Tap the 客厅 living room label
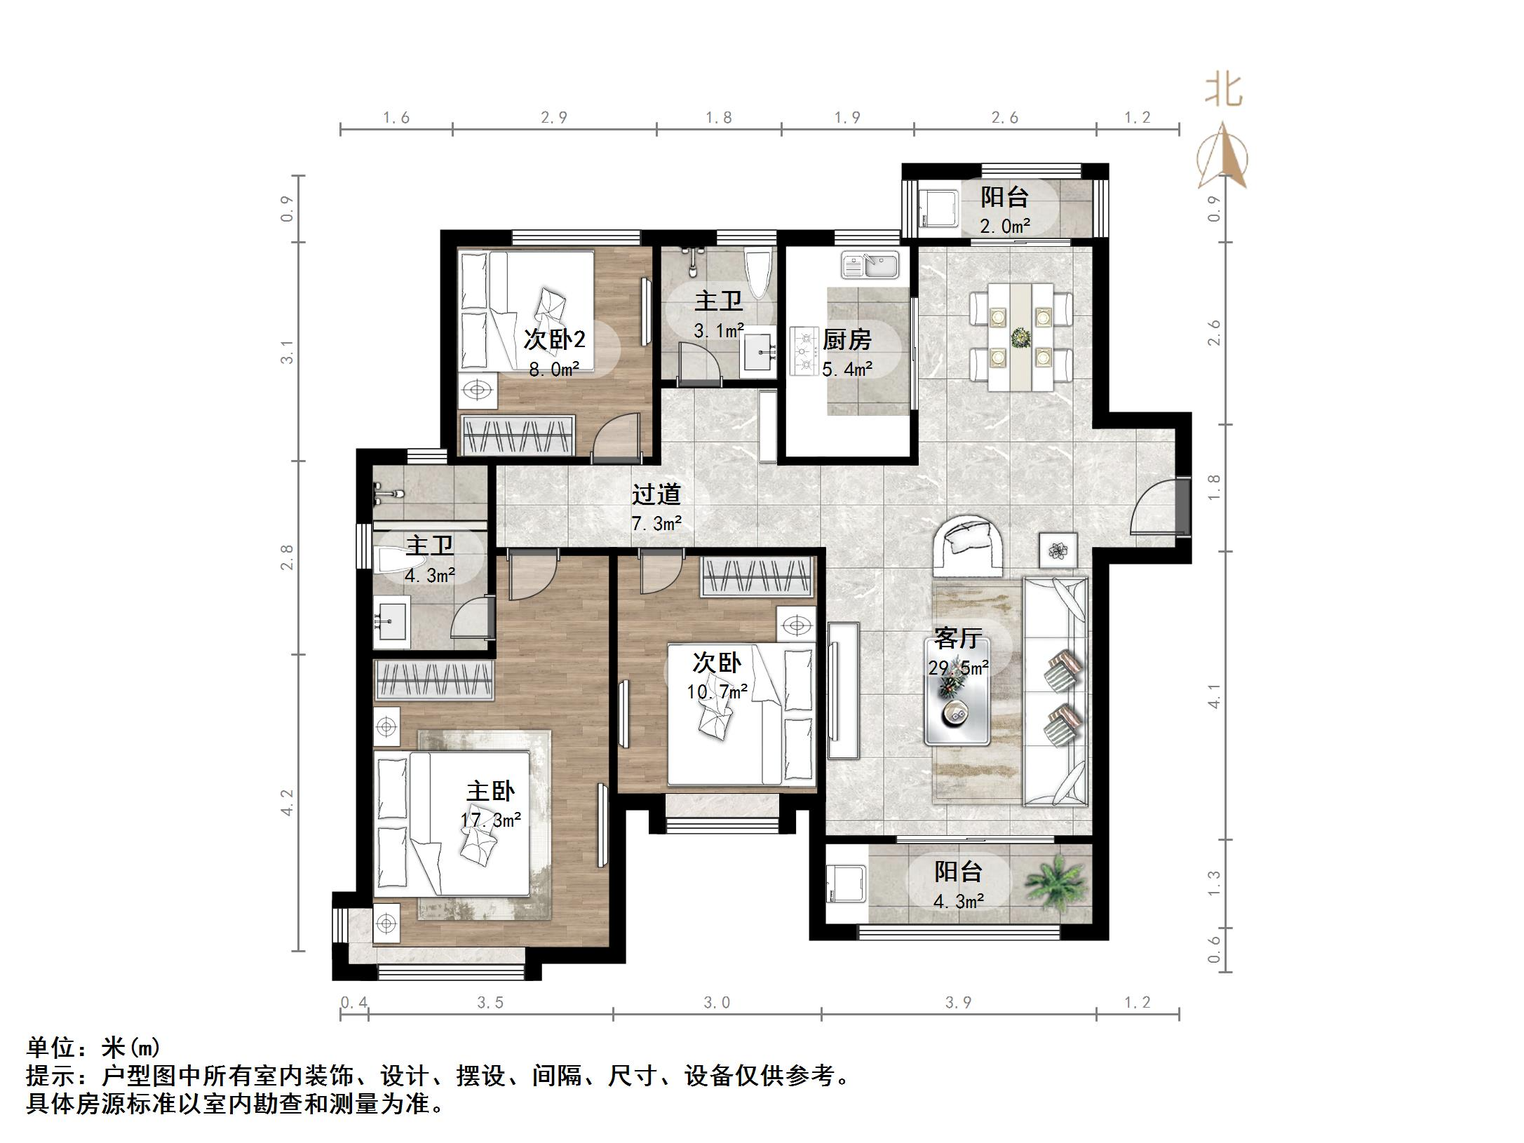[958, 638]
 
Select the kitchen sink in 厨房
[870, 266]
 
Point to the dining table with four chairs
[1020, 337]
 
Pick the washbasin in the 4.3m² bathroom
[392, 622]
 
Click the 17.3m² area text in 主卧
[490, 820]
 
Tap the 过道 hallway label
[656, 494]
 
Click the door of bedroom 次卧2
[617, 438]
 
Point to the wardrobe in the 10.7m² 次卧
[757, 577]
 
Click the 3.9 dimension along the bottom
[958, 1003]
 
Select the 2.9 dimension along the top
[554, 118]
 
